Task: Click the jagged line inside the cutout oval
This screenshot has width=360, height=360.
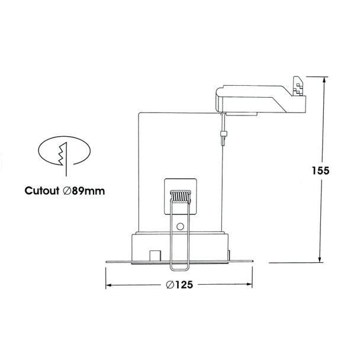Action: pyautogui.click(x=62, y=155)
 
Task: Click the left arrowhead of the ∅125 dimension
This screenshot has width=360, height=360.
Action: pyautogui.click(x=109, y=285)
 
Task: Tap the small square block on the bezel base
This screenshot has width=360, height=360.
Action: pyautogui.click(x=155, y=256)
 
